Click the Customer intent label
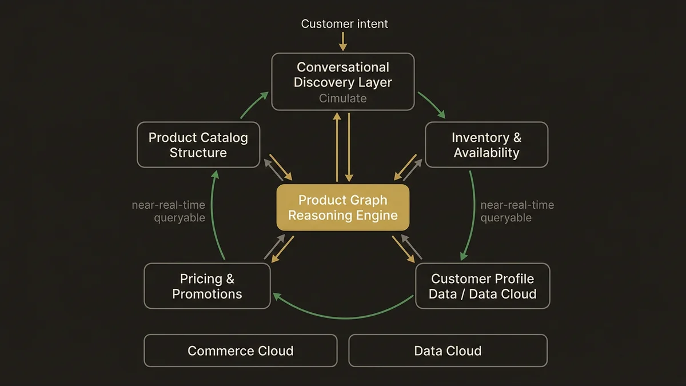[344, 24]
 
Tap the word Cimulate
[342, 98]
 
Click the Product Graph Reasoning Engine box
[342, 208]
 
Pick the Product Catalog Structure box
[198, 145]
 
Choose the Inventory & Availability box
[486, 145]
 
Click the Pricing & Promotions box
[207, 286]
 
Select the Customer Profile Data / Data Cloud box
[483, 286]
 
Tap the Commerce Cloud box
[240, 351]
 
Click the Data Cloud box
[448, 351]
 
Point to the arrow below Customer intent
[343, 41]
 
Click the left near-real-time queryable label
[168, 211]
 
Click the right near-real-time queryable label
[517, 211]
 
